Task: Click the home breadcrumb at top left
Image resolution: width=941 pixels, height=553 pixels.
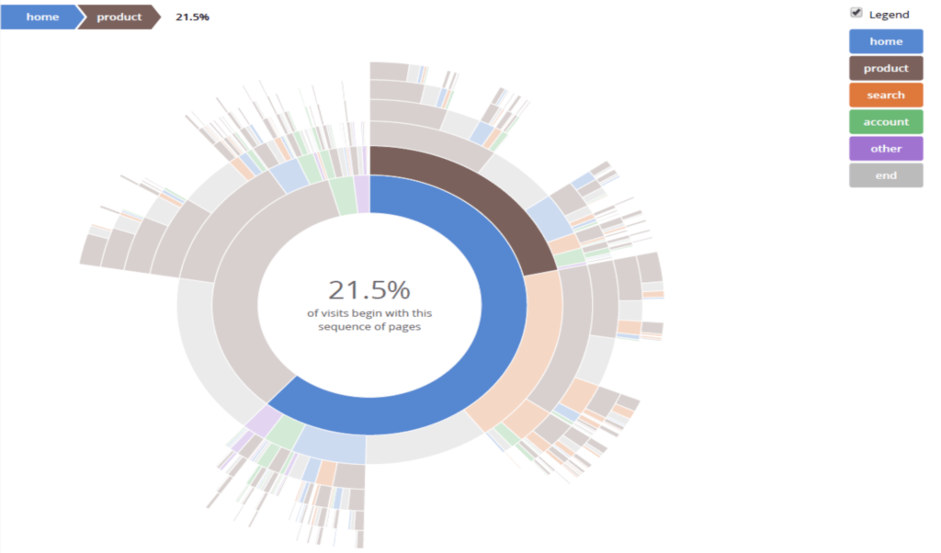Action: [42, 17]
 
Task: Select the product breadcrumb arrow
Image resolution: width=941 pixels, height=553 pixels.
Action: [119, 17]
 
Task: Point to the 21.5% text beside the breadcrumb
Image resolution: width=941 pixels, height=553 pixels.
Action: [192, 17]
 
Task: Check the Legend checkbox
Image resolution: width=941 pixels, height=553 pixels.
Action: [856, 13]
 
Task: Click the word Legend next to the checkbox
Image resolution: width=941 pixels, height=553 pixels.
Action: [889, 15]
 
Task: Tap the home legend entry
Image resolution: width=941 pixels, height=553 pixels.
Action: [886, 41]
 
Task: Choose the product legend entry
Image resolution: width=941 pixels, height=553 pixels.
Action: [886, 68]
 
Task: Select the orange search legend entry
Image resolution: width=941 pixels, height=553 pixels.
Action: [886, 95]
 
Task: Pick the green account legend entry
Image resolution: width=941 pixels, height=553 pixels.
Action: [886, 121]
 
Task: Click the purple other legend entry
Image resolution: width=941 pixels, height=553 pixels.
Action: [886, 148]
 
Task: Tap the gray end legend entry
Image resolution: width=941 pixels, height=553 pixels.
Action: [886, 175]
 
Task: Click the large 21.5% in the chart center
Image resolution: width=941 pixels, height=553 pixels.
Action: [368, 290]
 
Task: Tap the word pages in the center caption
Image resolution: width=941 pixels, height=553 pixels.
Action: [405, 327]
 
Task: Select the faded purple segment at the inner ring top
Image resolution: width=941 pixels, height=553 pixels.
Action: [363, 194]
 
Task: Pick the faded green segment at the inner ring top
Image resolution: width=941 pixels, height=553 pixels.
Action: [344, 196]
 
